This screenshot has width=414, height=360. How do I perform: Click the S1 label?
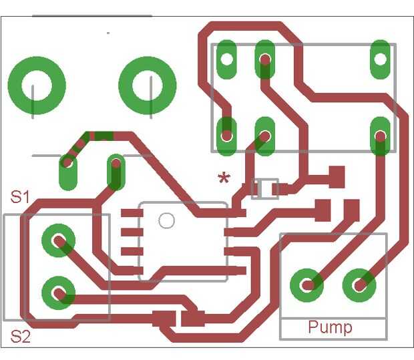21,197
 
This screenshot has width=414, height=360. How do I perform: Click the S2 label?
21,336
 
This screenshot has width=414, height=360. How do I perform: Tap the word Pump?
330,327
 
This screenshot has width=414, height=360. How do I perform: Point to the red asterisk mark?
224,178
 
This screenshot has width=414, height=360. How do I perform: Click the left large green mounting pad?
37,86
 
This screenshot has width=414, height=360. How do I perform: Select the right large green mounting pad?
147,86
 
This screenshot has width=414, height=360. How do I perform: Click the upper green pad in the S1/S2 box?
58,240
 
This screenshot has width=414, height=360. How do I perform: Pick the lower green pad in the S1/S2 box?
58,292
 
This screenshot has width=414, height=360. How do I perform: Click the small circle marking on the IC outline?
166,220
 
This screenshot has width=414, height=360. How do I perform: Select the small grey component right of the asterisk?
265,188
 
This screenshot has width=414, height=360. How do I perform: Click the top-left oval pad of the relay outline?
227,58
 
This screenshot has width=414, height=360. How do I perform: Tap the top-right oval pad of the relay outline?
380,58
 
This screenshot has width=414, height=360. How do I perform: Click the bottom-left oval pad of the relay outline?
227,136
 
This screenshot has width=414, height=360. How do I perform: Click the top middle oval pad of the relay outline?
265,59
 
